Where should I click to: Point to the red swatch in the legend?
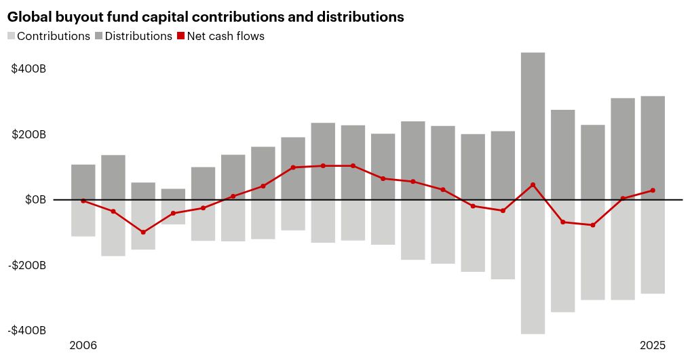(181, 36)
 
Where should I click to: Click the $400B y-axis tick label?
(28, 69)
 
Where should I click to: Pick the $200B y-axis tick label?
(28, 134)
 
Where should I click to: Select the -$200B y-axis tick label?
(27, 265)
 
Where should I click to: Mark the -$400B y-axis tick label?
(27, 330)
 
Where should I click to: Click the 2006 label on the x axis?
(83, 346)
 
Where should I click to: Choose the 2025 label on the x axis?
(653, 346)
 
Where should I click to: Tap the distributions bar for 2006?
(83, 182)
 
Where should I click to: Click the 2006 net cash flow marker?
(83, 201)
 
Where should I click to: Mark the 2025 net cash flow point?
(653, 191)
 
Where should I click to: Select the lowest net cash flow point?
(143, 233)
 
